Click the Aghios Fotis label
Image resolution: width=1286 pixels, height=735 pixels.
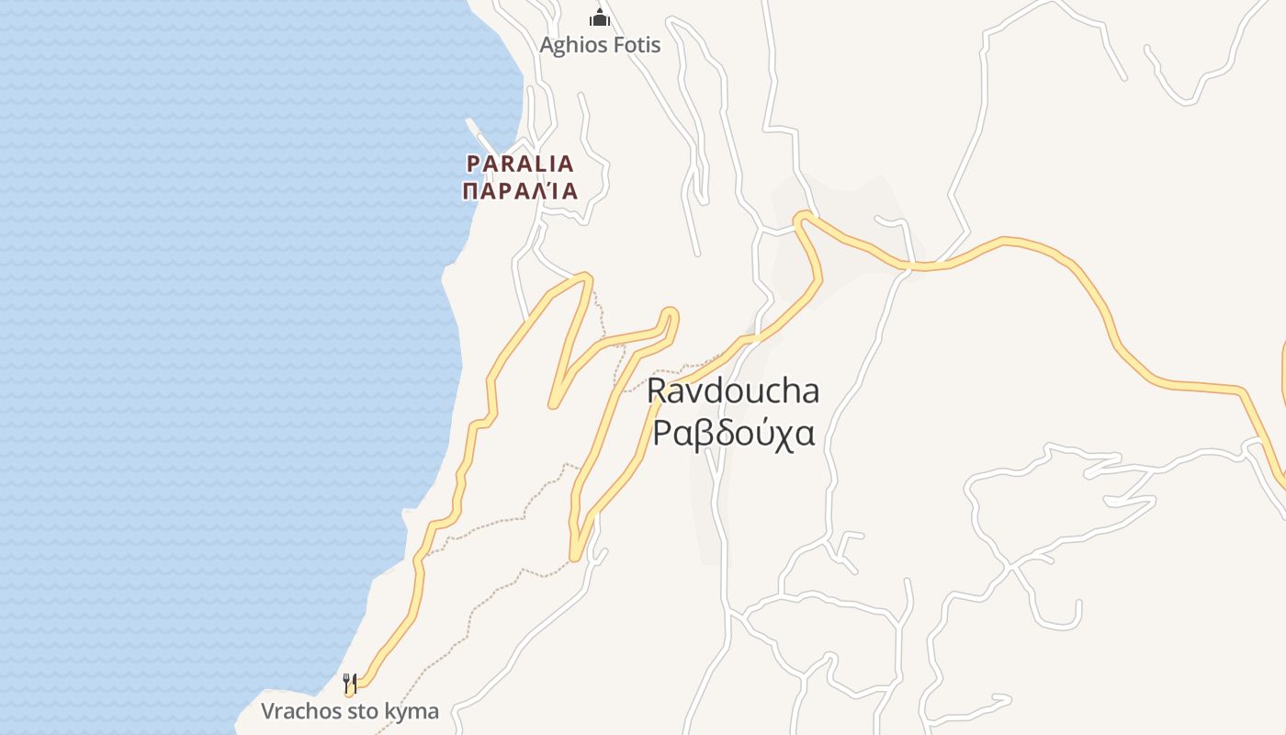[600, 44]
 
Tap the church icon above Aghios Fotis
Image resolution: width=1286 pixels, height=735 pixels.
[600, 17]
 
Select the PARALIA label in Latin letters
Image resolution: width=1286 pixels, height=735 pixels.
[520, 164]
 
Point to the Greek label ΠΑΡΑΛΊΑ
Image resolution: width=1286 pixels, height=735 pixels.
[520, 191]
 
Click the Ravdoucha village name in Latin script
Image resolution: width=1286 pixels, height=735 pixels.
[733, 390]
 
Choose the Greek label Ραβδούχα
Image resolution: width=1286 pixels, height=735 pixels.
[733, 432]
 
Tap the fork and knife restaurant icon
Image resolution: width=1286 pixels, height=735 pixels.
[349, 683]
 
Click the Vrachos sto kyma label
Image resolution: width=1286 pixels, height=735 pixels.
[350, 711]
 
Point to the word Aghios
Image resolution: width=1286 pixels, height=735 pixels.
[568, 44]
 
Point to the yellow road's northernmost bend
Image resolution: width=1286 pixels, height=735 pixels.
[804, 217]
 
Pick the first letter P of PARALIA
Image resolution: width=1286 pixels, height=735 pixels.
[474, 164]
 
